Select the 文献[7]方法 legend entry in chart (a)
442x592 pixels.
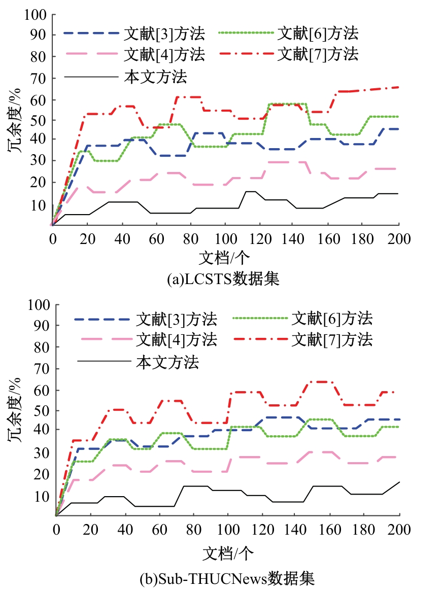pyautogui.click(x=318, y=53)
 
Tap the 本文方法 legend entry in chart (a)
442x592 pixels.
pyautogui.click(x=156, y=77)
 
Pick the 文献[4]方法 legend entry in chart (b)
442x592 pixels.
pyautogui.click(x=177, y=339)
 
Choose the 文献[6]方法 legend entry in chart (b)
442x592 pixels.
pyautogui.click(x=332, y=319)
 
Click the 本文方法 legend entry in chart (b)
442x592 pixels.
pyautogui.click(x=167, y=362)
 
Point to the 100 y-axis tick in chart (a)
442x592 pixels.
pyautogui.click(x=36, y=15)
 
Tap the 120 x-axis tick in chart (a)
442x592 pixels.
pyautogui.click(x=259, y=239)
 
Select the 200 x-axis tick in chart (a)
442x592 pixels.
pyautogui.click(x=398, y=239)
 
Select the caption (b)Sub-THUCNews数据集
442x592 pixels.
pyautogui.click(x=227, y=578)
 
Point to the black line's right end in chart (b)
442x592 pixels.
pyautogui.click(x=400, y=481)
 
